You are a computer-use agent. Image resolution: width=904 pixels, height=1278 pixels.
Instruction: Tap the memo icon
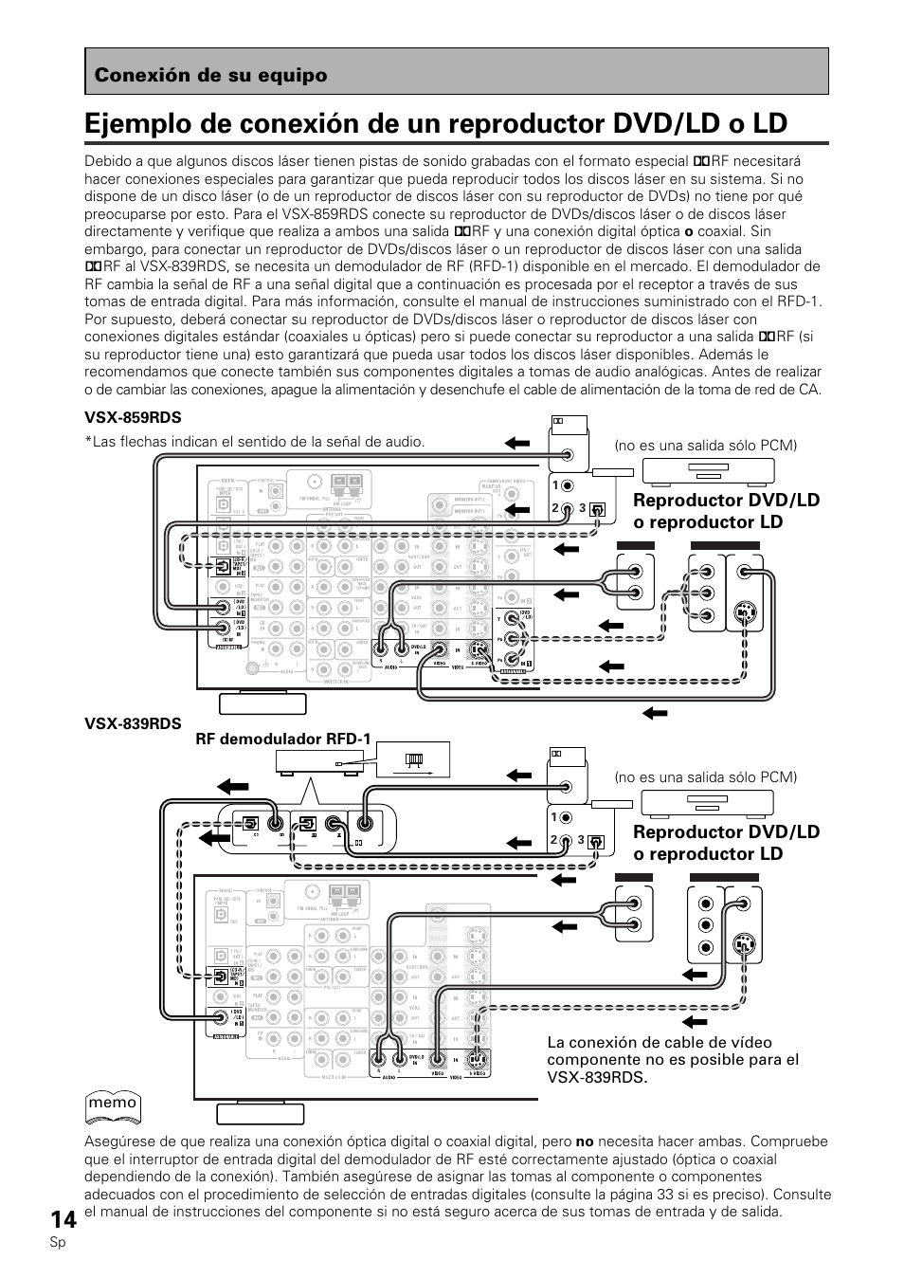coord(114,1105)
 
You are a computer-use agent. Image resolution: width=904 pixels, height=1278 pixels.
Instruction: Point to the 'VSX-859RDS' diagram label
coord(133,418)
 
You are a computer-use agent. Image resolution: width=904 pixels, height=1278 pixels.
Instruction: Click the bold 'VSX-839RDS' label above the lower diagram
coord(133,722)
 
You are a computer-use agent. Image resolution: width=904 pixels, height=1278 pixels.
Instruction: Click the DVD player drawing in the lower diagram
coord(700,803)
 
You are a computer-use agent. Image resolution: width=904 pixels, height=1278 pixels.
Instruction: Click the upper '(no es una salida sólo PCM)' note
coord(705,446)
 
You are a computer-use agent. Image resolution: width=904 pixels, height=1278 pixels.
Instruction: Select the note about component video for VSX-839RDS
coord(673,1060)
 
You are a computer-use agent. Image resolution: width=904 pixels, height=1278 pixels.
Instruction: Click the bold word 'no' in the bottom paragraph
coord(584,1142)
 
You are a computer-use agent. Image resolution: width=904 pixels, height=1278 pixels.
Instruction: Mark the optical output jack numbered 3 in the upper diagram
coord(596,507)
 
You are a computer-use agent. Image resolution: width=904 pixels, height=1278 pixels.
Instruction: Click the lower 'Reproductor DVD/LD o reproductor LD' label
coord(726,842)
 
